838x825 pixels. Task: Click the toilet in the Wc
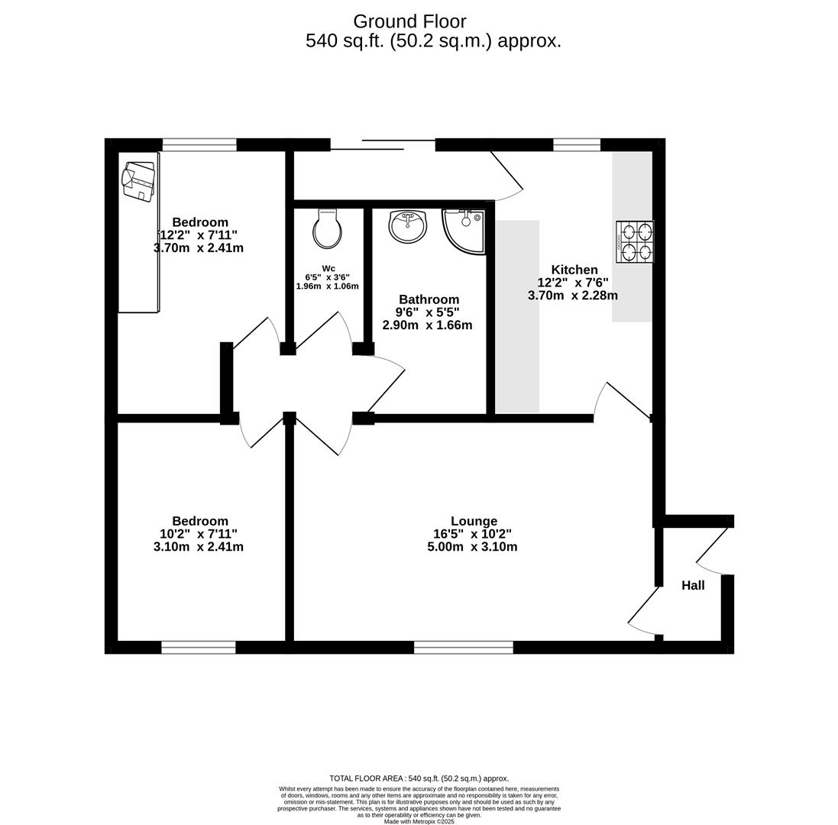click(x=328, y=229)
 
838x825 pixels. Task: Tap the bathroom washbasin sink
click(x=408, y=226)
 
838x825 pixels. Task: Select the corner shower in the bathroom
click(x=464, y=231)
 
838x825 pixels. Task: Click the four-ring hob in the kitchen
click(x=635, y=241)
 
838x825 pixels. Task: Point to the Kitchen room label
click(x=574, y=270)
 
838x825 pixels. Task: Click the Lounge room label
click(x=474, y=521)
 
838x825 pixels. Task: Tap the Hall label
click(x=693, y=585)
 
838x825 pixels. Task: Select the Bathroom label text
click(x=429, y=299)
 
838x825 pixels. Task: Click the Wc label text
click(x=328, y=268)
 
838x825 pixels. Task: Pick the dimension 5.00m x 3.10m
click(x=472, y=547)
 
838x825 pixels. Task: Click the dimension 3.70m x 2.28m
click(x=573, y=296)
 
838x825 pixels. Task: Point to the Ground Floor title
click(x=409, y=21)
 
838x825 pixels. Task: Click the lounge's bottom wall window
click(x=463, y=648)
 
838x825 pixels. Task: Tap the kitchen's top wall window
click(x=577, y=144)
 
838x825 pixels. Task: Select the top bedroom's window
click(x=199, y=144)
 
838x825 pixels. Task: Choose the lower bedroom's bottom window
click(x=199, y=648)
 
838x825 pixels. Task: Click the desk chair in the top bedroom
click(x=138, y=181)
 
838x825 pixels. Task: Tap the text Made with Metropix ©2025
click(x=419, y=821)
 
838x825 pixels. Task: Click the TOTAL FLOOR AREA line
click(x=419, y=778)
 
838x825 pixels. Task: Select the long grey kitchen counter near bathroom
click(x=517, y=316)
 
